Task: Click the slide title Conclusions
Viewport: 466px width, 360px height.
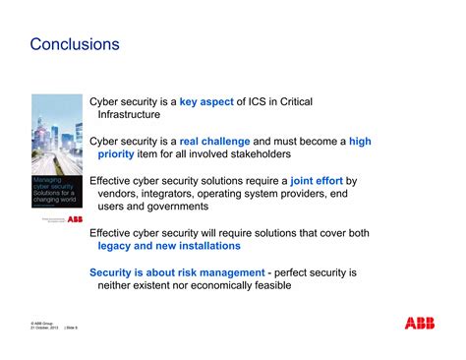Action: coord(75,45)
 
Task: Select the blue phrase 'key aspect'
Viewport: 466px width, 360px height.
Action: coord(208,101)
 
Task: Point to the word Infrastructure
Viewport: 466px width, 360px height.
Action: coord(139,114)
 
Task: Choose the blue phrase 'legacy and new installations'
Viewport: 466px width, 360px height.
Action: coord(162,245)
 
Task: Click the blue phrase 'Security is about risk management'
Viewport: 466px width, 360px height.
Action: coord(177,271)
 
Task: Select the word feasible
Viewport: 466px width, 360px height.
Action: coord(269,284)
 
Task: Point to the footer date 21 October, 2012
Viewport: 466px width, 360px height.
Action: coord(49,328)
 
